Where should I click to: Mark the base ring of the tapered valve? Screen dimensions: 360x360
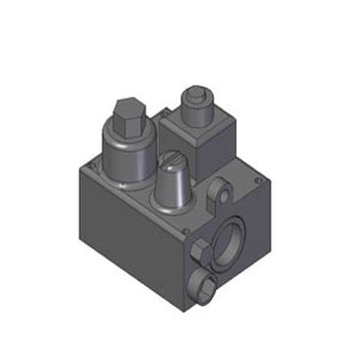coord(172,204)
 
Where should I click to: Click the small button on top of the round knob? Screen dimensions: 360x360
coord(195,96)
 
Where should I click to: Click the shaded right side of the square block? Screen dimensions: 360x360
coord(225,138)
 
